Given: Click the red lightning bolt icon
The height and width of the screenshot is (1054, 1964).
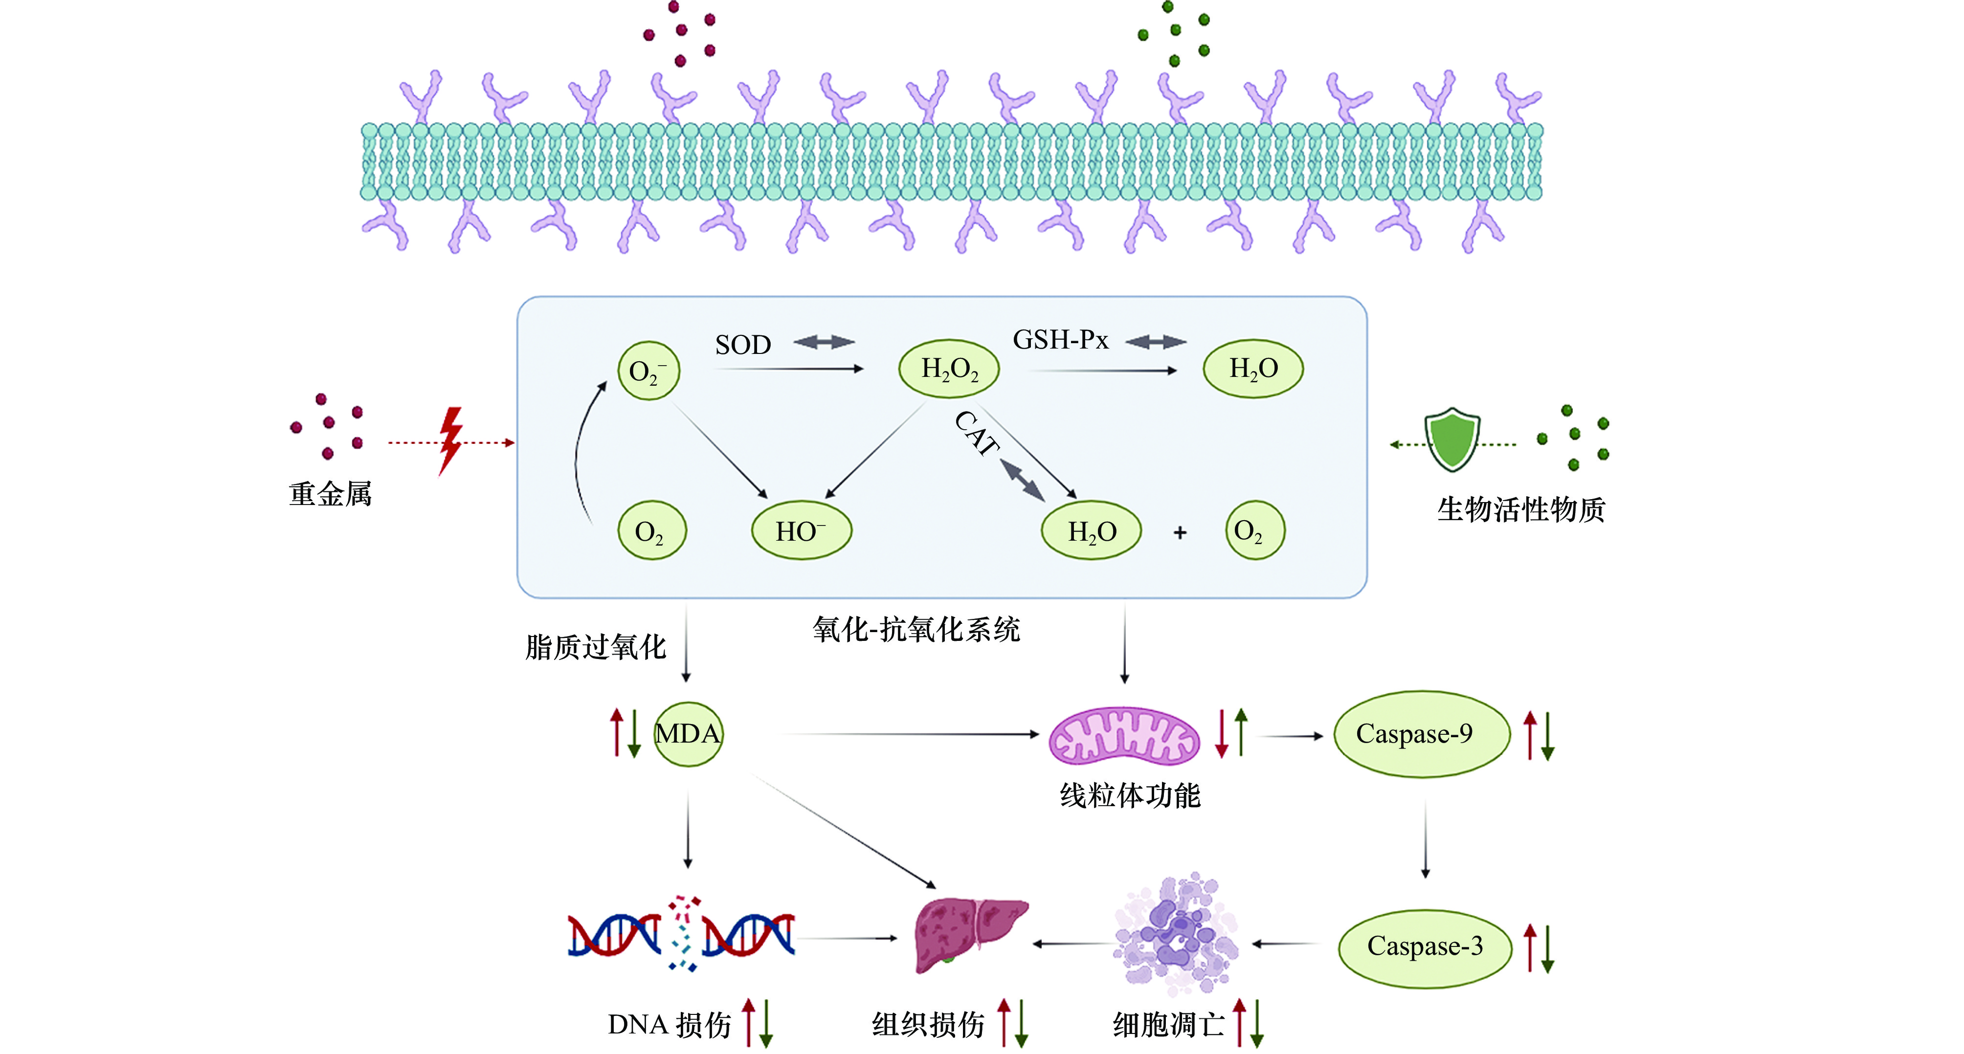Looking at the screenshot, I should point(451,440).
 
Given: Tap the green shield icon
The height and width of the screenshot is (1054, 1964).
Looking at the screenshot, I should point(1452,440).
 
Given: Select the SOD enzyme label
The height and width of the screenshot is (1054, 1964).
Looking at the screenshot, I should point(742,345).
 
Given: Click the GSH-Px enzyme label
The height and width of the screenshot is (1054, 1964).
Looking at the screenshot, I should point(1060,340).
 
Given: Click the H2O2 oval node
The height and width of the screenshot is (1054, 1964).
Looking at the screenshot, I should point(949,370).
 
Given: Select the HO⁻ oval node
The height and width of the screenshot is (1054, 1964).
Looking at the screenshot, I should point(802,530).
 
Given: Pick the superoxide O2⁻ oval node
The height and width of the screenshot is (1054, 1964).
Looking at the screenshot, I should point(648,371).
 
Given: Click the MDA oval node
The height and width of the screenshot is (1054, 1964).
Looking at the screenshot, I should point(689,734).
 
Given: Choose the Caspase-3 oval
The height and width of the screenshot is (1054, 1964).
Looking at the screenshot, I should point(1424,946).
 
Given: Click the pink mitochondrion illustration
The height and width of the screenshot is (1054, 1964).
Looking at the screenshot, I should point(1124,736).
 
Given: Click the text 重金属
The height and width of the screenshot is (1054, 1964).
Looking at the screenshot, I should point(330,494).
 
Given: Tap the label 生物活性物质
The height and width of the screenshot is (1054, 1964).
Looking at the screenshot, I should point(1521,509).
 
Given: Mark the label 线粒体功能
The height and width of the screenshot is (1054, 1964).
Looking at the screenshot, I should point(1130,795).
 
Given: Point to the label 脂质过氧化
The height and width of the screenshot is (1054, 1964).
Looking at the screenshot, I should point(596,647).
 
